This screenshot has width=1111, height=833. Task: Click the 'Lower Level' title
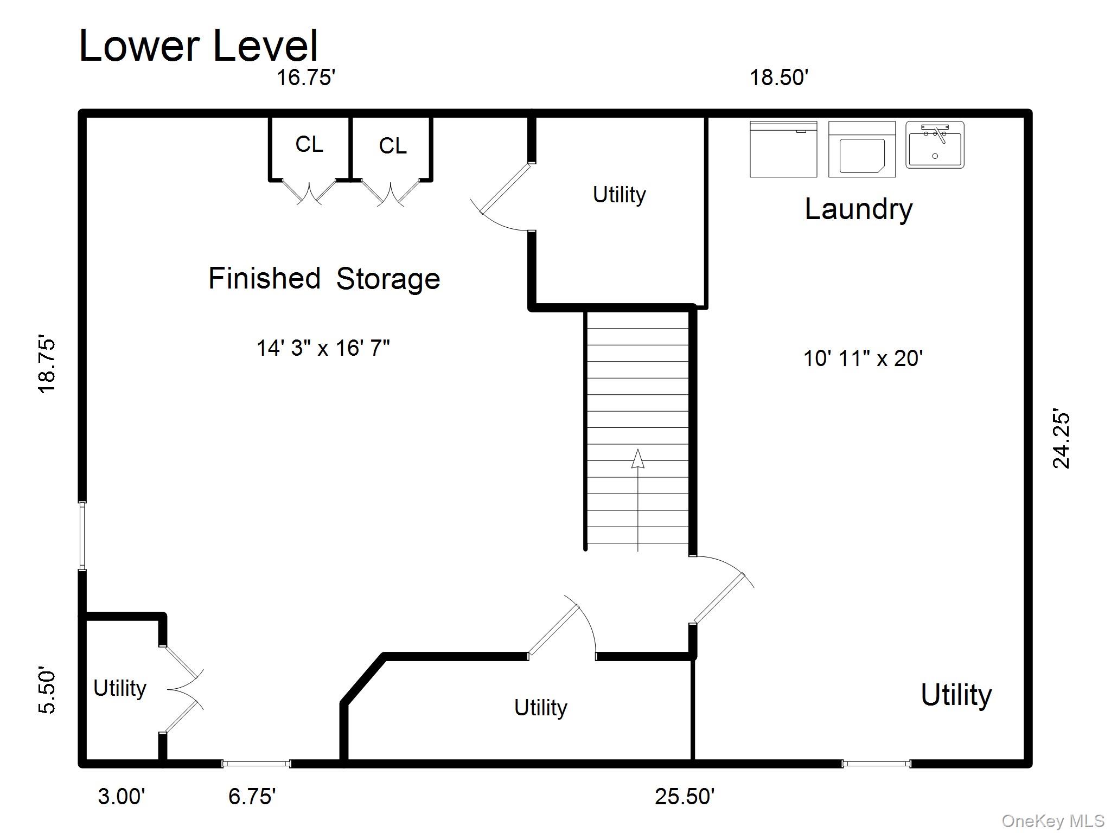pos(199,46)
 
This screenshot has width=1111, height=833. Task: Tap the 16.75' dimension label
pos(306,78)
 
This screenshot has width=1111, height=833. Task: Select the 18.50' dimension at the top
pos(779,78)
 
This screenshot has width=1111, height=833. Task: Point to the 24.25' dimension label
pos(1061,438)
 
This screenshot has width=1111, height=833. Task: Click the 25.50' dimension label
pos(685,796)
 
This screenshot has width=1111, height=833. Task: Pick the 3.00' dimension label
pos(122,796)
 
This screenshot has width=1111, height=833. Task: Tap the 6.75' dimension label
pos(252,796)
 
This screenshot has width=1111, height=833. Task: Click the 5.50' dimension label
pos(47,692)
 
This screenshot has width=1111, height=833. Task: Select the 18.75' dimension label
pos(47,366)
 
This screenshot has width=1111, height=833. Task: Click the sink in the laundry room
pos(935,145)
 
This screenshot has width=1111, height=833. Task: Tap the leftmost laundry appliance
pos(783,149)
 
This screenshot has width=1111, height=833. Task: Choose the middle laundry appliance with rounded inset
pos(861,150)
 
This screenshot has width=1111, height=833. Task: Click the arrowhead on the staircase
pos(638,459)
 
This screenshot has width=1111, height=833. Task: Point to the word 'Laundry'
pos(858,209)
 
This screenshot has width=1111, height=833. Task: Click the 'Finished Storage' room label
pos(324,279)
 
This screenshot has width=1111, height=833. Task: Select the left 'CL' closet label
pos(309,144)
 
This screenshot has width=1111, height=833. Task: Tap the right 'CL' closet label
pos(392,146)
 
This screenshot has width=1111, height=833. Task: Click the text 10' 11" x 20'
pos(863,358)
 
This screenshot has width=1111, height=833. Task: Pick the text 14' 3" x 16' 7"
pos(323,348)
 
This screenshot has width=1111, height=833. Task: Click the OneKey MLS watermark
pos(1052,821)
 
